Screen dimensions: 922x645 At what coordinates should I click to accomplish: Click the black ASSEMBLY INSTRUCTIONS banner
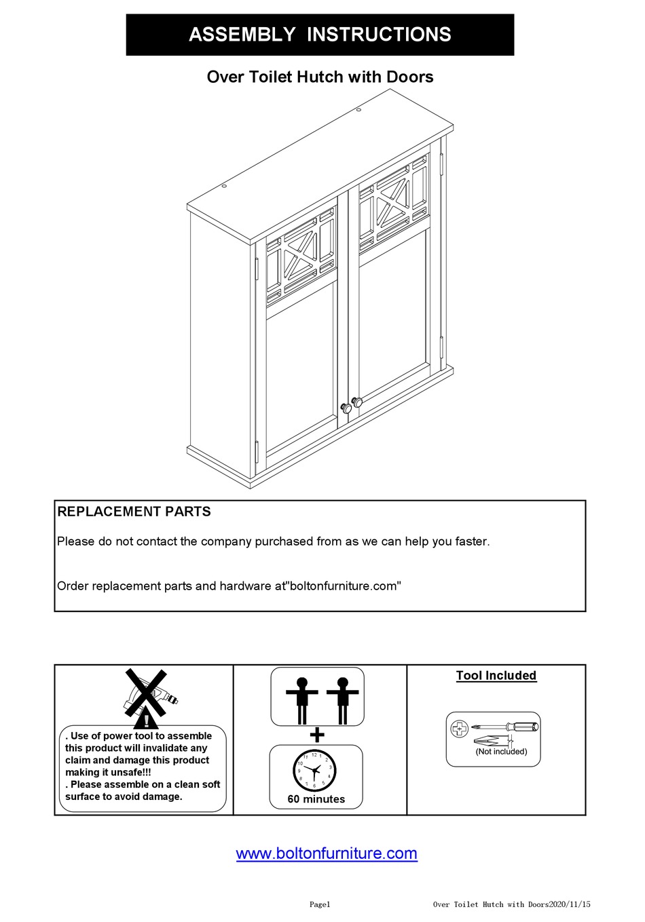[320, 35]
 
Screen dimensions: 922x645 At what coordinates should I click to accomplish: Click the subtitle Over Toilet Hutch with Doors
[320, 77]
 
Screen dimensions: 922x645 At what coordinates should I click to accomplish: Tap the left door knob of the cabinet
[346, 408]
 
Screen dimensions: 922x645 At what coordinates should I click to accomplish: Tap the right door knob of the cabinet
[357, 402]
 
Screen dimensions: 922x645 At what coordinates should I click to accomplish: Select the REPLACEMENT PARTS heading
[134, 512]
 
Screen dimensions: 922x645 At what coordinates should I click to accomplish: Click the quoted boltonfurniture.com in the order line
[345, 585]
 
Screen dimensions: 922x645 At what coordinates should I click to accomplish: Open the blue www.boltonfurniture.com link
[327, 853]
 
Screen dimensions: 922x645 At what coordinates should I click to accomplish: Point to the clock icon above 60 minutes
[314, 770]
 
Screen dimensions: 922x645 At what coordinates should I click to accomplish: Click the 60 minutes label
[316, 799]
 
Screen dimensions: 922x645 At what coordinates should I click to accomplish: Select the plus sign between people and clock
[316, 735]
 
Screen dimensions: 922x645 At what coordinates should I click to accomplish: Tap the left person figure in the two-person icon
[302, 699]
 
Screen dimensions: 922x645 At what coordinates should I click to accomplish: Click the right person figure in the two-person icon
[342, 699]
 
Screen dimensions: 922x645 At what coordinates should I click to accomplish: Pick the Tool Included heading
[496, 676]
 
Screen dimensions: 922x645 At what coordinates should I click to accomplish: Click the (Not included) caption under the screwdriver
[501, 751]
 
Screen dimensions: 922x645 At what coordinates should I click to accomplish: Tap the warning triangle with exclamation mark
[145, 718]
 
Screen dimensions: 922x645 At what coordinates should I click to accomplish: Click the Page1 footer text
[320, 904]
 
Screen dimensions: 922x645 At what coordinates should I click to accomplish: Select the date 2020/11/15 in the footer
[569, 904]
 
